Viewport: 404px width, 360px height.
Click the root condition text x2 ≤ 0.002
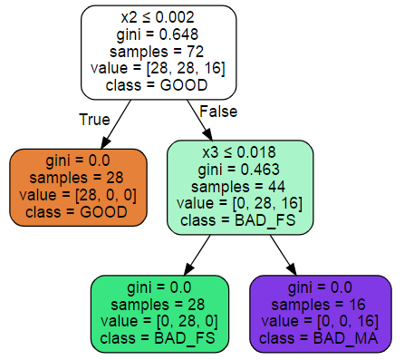click(159, 17)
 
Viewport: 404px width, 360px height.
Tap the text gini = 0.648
click(159, 34)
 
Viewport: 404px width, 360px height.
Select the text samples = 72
click(159, 52)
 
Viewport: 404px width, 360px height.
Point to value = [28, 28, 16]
click(159, 69)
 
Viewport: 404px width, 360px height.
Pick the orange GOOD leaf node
click(78, 187)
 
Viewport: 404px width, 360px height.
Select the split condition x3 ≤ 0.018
click(240, 151)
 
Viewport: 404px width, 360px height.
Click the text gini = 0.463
click(240, 169)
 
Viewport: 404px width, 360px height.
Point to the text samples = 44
click(240, 186)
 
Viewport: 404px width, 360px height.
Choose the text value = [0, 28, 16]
click(240, 203)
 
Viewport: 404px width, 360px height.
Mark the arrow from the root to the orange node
click(115, 124)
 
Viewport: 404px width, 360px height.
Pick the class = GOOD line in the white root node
click(159, 86)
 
